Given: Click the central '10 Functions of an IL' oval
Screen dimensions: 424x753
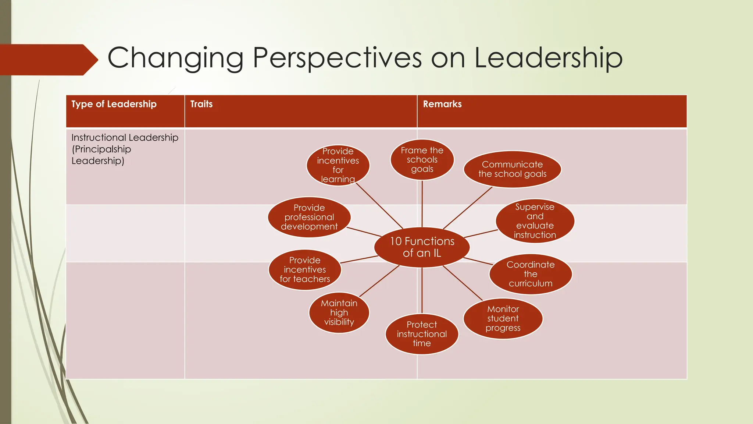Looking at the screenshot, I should (422, 247).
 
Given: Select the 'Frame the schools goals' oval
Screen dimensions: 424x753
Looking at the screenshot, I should (422, 160).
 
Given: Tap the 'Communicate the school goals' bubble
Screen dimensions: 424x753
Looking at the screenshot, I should (512, 169).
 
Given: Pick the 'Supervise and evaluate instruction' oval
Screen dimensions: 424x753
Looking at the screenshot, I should (535, 221).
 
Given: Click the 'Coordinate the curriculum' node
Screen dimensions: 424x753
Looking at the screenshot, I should (530, 274).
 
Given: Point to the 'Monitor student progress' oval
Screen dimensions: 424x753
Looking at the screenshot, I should (503, 318).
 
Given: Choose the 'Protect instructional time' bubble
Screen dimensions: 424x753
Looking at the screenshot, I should (422, 334).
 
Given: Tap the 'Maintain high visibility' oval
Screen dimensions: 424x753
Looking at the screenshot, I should (339, 312).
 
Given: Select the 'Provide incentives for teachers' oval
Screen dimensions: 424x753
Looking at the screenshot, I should (305, 270).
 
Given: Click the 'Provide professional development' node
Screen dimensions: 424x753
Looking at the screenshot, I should (309, 217).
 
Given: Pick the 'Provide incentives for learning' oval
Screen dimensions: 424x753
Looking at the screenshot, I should (338, 165).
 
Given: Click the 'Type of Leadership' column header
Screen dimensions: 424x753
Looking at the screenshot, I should (114, 104).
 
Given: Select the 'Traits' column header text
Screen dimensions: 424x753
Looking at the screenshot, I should (201, 104).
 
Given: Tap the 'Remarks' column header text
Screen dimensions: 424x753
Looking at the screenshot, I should (442, 104).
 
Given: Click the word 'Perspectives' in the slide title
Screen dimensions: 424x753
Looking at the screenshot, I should (337, 58).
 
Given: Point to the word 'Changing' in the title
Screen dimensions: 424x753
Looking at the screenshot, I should (175, 58).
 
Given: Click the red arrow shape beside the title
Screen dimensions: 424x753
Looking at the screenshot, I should (48, 60).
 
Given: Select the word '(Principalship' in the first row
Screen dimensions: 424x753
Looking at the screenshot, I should (101, 149).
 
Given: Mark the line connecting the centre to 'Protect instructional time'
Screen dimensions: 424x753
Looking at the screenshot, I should (422, 291).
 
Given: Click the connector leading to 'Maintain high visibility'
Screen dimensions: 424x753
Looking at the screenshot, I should (379, 281).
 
